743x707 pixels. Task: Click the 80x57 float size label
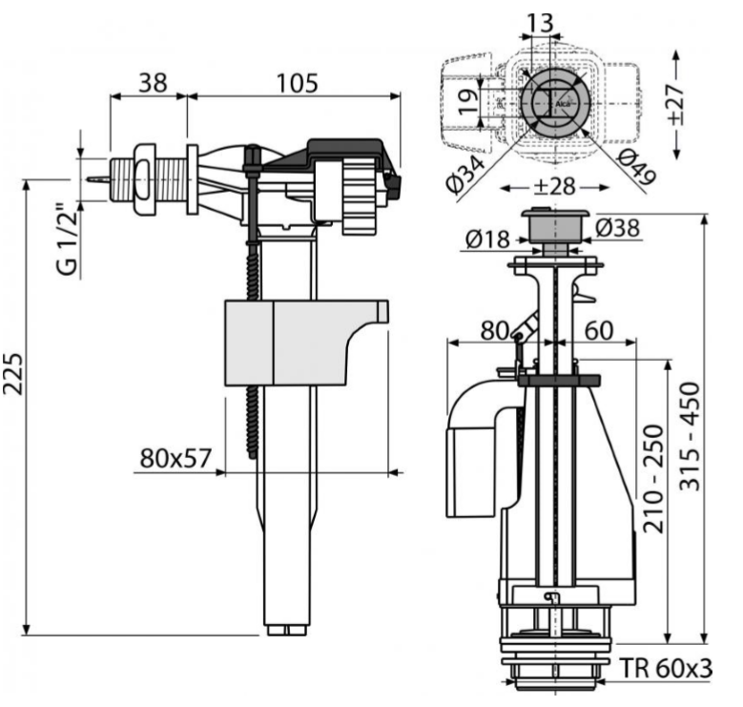[x=175, y=458]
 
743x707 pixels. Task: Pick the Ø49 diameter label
[x=621, y=172]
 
